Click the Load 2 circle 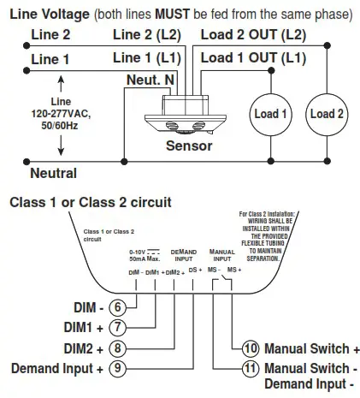coord(328,115)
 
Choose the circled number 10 coord(250,348)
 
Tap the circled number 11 coord(250,369)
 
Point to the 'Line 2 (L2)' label coord(149,34)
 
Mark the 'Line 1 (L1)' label coord(149,57)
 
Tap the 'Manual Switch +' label coord(312,349)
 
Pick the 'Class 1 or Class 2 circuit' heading coord(90,202)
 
